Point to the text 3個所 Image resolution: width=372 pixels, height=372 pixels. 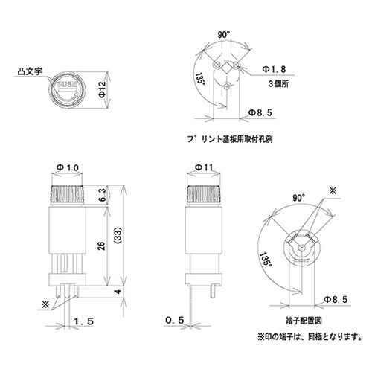click(x=269, y=85)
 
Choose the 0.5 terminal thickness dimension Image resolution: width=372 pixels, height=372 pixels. click(x=174, y=320)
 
